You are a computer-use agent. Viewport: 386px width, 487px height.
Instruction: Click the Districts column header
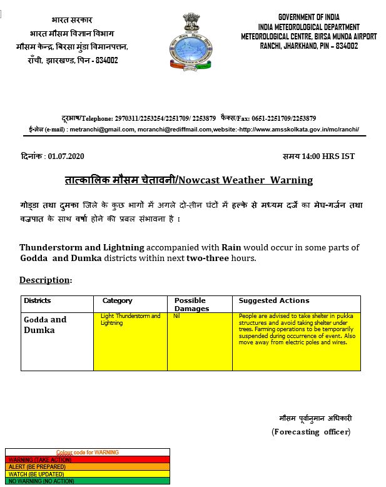(x=38, y=301)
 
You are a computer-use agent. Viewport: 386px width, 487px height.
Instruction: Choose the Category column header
(x=118, y=301)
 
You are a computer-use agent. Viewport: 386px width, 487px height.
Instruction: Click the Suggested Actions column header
(x=274, y=301)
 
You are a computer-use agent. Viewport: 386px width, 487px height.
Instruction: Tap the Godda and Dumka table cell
(x=45, y=324)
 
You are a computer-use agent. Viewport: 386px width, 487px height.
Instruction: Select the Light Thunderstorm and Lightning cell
(x=130, y=319)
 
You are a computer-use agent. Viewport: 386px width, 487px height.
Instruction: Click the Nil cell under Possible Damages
(x=178, y=317)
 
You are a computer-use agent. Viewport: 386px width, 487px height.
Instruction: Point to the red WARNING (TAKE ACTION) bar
(x=87, y=459)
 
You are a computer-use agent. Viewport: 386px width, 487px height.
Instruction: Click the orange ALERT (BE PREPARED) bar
(x=87, y=466)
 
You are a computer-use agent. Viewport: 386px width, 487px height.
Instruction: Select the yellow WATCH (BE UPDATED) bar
(x=87, y=474)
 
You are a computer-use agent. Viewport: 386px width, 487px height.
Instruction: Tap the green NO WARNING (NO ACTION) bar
(x=87, y=481)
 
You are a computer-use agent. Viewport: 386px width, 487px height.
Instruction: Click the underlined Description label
(x=45, y=279)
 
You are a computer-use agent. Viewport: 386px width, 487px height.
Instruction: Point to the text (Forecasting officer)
(x=311, y=431)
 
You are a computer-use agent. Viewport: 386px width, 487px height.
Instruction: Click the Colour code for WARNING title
(x=87, y=452)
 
